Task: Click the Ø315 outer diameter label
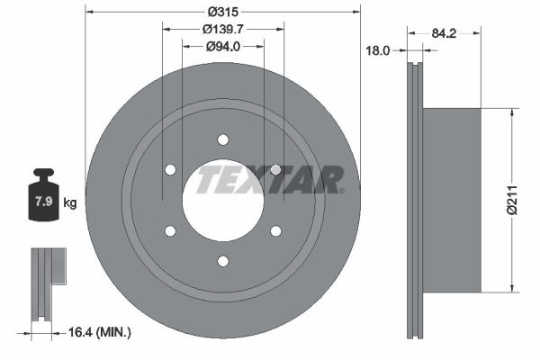pos(223,12)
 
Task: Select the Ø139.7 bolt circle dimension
pos(223,30)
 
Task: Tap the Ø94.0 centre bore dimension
pos(223,47)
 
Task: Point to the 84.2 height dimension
pos(444,33)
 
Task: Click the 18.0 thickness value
pos(377,51)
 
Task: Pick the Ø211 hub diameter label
pos(513,200)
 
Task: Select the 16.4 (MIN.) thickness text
pos(100,332)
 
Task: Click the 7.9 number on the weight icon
pos(44,202)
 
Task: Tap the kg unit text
pos(70,203)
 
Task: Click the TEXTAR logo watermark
pos(270,179)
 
